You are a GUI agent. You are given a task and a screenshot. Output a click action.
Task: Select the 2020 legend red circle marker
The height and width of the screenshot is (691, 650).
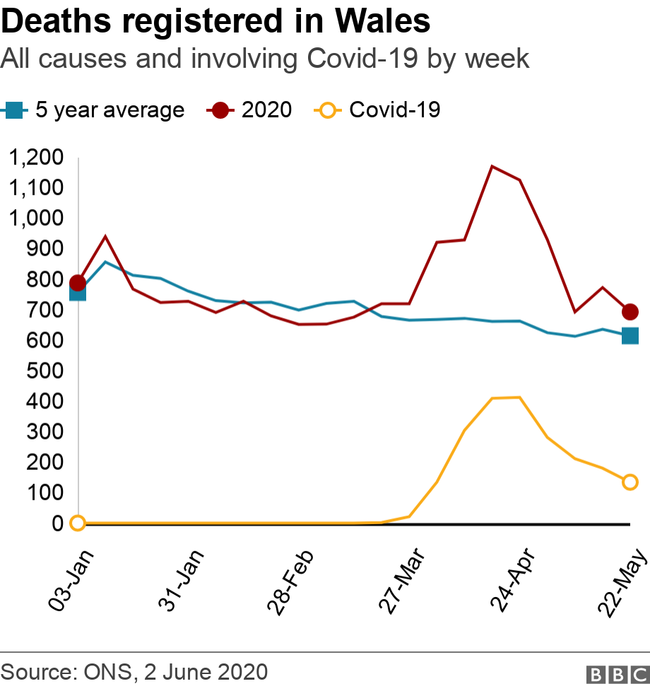[x=220, y=110]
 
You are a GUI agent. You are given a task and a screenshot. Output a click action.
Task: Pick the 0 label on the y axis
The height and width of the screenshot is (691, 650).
[x=57, y=524]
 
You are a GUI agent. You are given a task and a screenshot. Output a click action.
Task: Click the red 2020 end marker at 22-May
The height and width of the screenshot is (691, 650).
[x=630, y=312]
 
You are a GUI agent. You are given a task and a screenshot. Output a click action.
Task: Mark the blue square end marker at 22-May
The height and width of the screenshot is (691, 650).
[x=630, y=336]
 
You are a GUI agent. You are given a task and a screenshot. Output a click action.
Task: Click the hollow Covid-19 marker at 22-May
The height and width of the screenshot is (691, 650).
[x=630, y=482]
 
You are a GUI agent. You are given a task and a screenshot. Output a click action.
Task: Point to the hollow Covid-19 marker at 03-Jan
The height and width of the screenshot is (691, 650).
[x=78, y=523]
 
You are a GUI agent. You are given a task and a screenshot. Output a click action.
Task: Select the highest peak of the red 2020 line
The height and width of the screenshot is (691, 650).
[x=492, y=167]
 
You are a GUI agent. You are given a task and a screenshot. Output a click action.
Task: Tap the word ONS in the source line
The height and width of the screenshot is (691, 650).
[x=107, y=671]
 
